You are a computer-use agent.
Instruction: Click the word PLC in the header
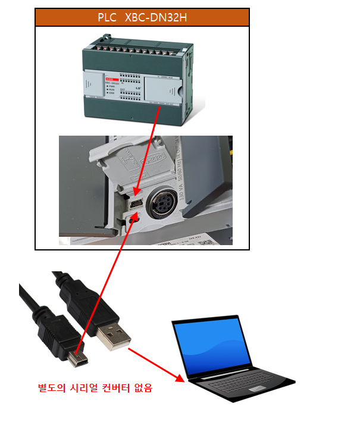click(x=108, y=17)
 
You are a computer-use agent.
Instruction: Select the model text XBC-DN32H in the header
click(x=156, y=17)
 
